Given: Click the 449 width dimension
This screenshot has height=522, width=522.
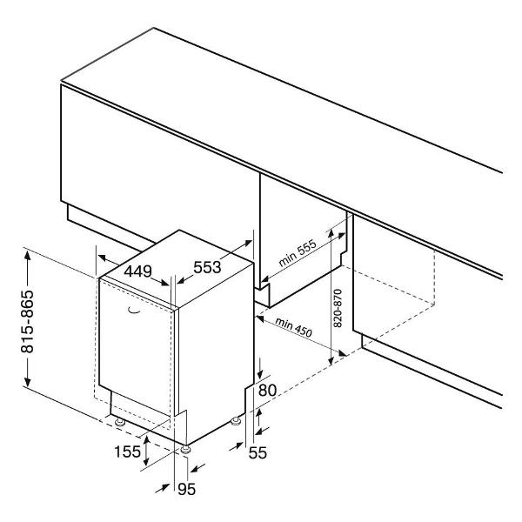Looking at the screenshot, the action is (x=137, y=271).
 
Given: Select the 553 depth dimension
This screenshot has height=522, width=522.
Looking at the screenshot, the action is (x=207, y=267).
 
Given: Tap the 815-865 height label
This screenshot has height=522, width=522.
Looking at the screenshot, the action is (x=27, y=321).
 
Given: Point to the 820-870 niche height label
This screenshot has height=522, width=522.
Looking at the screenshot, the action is (x=338, y=308).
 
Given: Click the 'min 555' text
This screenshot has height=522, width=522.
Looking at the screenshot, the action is (x=297, y=253).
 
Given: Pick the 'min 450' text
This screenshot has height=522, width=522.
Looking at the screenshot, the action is (x=294, y=327).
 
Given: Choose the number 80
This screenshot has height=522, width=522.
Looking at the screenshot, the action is (x=267, y=390).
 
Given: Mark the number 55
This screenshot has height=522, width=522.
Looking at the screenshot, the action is (x=258, y=452).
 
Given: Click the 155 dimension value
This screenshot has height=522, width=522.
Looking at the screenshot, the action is (x=128, y=452).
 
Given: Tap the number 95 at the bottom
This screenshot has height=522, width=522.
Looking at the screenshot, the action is (x=186, y=489).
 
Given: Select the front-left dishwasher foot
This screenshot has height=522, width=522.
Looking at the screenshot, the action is (x=119, y=422).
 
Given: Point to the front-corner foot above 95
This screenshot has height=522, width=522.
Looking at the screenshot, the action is (x=185, y=451).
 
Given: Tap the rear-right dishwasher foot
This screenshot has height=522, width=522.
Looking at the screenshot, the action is (x=236, y=421).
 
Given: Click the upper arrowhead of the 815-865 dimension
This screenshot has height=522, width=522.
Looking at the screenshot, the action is (x=27, y=257).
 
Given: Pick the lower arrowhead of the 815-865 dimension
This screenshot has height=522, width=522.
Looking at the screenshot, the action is (x=27, y=382).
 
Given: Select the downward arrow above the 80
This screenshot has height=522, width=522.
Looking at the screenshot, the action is (x=260, y=368).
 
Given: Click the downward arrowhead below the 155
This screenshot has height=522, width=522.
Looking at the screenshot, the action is (x=146, y=461).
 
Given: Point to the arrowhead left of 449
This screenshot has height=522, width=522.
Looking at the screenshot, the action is (x=102, y=257).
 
